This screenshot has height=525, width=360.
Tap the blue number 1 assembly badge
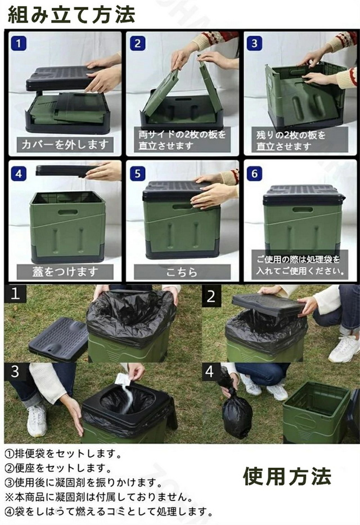click(x=19, y=43)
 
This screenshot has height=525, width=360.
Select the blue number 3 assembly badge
click(x=254, y=43)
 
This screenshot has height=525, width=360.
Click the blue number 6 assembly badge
click(x=254, y=173)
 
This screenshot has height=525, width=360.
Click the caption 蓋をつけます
click(x=65, y=272)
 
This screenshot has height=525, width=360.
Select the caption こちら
click(x=182, y=272)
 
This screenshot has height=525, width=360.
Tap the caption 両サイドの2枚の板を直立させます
click(x=182, y=140)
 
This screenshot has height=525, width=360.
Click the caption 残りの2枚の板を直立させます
click(x=298, y=140)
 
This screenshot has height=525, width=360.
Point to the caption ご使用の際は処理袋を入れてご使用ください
click(x=298, y=265)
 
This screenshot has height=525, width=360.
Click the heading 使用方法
click(x=287, y=477)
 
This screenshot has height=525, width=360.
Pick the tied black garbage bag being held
click(x=236, y=414)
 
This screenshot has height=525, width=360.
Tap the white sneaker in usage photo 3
click(x=37, y=419)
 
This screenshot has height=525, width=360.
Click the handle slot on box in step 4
click(x=67, y=212)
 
